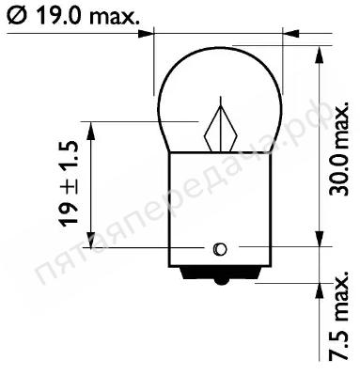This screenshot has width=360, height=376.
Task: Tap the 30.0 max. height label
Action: [338, 148]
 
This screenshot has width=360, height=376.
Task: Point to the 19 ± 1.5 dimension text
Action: [68, 183]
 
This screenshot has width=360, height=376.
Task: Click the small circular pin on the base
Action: [220, 249]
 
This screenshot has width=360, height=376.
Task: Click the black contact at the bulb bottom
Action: [221, 275]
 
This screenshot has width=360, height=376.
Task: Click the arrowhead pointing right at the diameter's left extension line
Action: [146, 33]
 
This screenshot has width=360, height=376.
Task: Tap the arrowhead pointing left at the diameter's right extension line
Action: [290, 33]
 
